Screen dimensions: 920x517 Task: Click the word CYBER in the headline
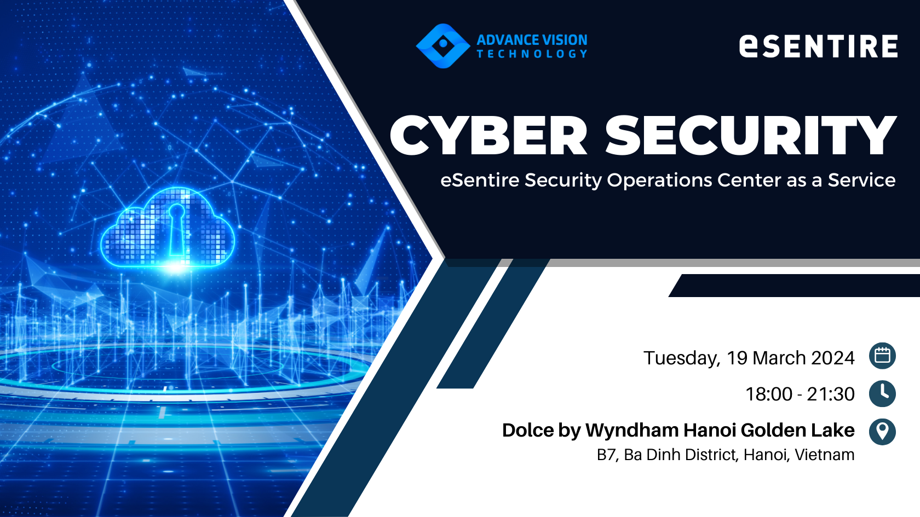point(488,135)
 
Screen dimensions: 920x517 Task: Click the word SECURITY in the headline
point(751,135)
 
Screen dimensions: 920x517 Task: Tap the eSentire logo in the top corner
point(818,45)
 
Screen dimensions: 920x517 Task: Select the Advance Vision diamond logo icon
point(442,46)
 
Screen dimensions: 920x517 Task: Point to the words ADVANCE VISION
point(532,40)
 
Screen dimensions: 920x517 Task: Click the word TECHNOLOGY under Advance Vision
point(532,54)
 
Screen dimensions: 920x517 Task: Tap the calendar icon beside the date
point(882,356)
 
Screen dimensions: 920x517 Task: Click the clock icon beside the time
point(882,393)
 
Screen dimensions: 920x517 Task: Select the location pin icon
point(882,432)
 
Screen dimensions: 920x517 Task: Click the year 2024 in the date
point(832,358)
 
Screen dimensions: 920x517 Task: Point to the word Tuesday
point(682,358)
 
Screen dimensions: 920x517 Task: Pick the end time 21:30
point(830,394)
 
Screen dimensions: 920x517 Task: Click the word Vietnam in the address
point(824,455)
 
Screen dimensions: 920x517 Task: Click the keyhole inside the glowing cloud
point(176,228)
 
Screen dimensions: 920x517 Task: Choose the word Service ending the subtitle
point(862,180)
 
